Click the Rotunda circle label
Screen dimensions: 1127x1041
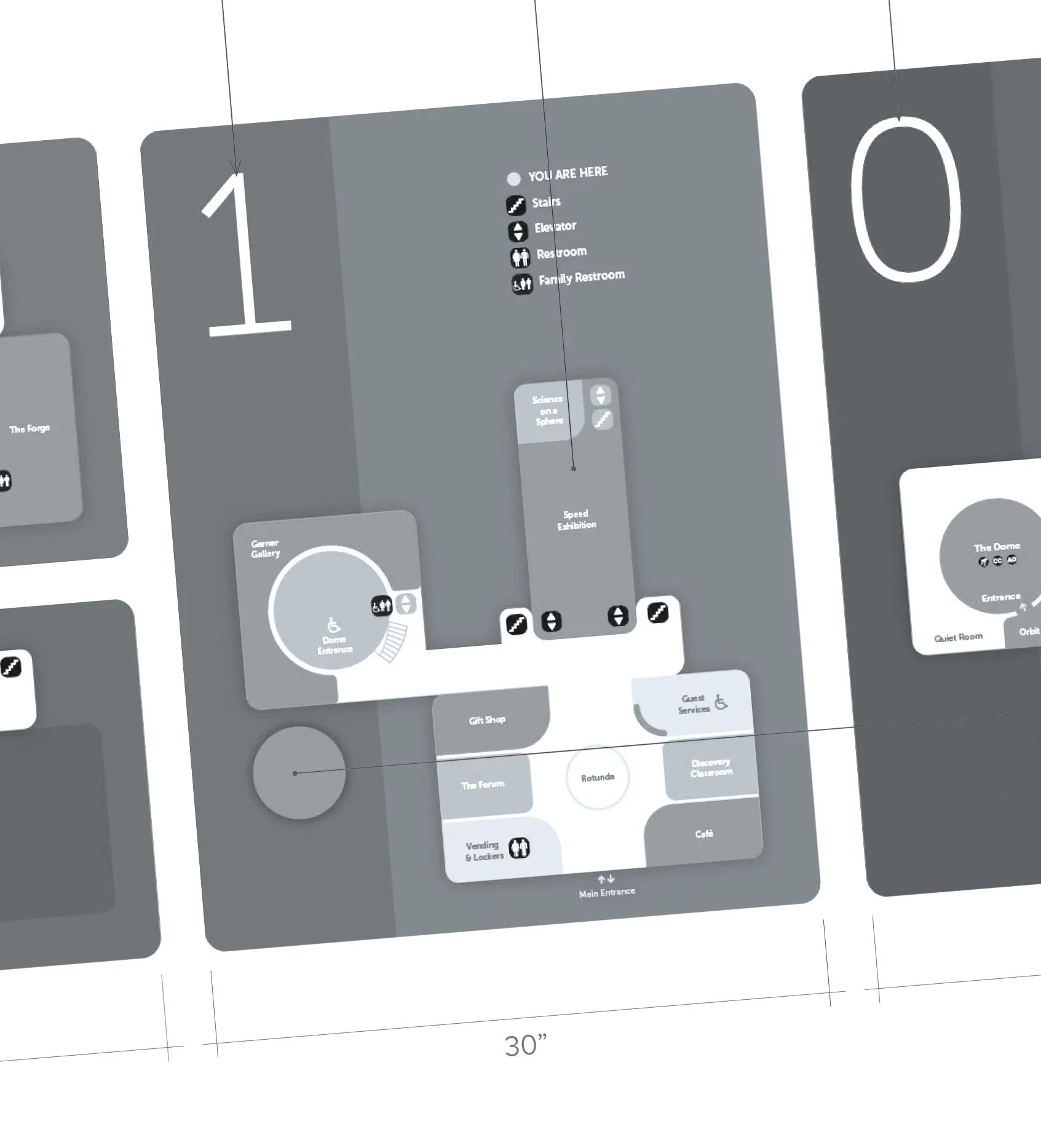point(598,777)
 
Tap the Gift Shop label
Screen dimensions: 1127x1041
point(487,720)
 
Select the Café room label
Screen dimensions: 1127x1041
point(704,834)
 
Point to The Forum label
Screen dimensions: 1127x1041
point(483,785)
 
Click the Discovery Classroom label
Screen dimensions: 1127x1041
point(711,768)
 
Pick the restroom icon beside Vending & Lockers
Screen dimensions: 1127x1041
point(520,848)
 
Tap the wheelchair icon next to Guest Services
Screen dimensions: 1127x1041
point(721,702)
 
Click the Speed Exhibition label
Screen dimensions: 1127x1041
point(576,519)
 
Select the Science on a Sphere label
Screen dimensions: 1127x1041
point(548,410)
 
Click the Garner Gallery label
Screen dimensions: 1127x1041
point(265,548)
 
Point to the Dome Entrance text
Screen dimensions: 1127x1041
point(334,645)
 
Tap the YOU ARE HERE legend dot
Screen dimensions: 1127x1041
point(513,179)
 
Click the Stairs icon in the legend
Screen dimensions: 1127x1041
point(515,205)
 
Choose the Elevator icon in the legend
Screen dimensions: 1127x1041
point(518,230)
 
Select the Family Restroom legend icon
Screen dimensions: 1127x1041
point(522,284)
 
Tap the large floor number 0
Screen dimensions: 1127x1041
point(906,200)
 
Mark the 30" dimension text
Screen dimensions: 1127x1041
point(525,1045)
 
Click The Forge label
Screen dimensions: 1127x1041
point(30,428)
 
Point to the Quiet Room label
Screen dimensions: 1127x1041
point(958,638)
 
